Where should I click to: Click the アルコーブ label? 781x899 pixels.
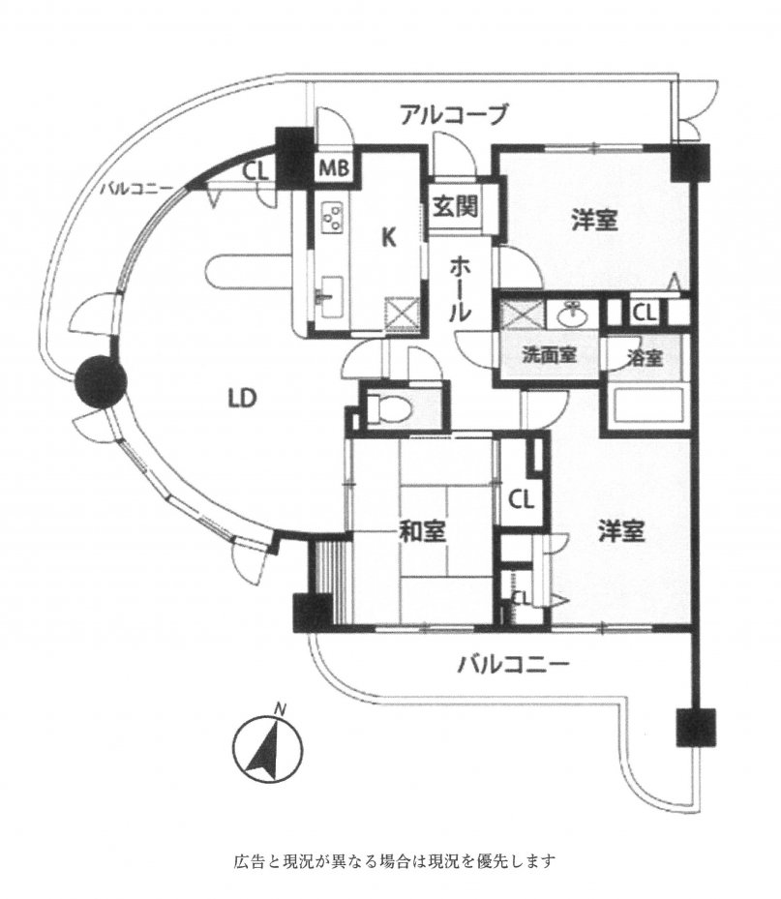453,114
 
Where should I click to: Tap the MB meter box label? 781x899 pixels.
335,168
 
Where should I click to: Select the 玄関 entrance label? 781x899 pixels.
455,206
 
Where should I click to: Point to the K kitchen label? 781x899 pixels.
389,237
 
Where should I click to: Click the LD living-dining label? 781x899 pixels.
242,398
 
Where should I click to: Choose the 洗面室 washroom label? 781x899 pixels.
549,355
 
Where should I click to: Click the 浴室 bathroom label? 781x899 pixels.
645,358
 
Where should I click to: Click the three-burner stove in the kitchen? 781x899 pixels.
331,218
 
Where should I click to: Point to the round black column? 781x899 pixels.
101,380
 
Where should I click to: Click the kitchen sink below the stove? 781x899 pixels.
331,295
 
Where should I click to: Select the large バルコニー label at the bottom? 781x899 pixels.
513,665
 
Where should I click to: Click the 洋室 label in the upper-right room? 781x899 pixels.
594,221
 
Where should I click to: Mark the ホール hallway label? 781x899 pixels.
461,289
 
